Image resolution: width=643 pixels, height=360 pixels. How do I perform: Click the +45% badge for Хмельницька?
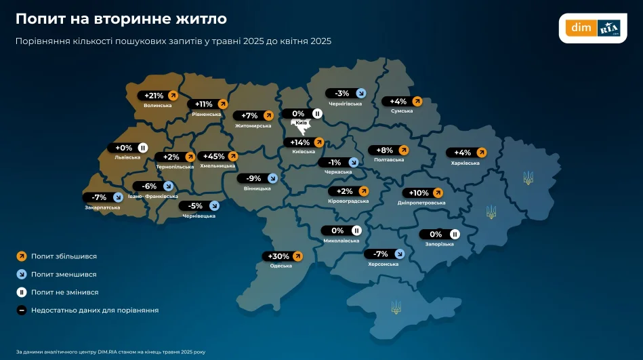click(216, 157)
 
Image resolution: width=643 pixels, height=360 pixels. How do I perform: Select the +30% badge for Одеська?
click(283, 256)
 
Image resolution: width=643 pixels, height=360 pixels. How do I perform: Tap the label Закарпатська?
click(102, 207)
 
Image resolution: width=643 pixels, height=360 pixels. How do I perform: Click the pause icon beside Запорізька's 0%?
click(455, 235)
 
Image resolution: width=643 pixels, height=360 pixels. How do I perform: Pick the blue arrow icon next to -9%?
click(272, 179)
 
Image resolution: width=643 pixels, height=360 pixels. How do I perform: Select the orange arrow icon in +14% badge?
click(318, 142)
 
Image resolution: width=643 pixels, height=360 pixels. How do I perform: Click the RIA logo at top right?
click(609, 28)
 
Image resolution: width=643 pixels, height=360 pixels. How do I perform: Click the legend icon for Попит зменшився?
click(21, 275)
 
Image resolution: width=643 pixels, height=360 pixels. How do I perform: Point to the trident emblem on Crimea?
click(396, 307)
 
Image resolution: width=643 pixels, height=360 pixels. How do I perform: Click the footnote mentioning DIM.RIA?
click(110, 352)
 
